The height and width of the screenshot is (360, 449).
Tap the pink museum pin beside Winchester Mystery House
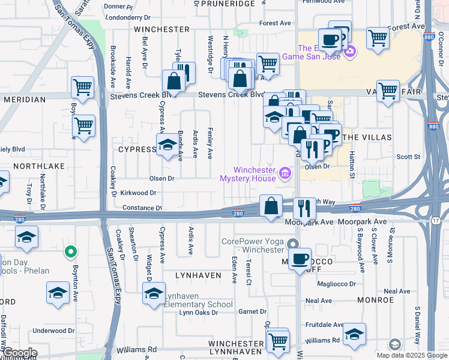(285, 175)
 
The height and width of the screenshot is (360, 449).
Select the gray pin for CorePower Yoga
(292, 244)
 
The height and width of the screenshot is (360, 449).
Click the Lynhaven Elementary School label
(199, 304)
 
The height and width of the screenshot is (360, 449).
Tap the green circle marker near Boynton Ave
(71, 252)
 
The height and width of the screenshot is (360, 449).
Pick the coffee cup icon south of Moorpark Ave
(300, 259)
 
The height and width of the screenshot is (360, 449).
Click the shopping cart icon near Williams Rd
(277, 341)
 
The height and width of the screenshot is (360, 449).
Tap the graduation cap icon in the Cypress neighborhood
(167, 145)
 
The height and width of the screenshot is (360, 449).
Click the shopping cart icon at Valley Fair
(388, 91)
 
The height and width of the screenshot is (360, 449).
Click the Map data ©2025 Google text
(411, 355)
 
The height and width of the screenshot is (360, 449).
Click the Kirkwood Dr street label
(138, 193)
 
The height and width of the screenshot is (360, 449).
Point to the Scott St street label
(408, 157)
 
